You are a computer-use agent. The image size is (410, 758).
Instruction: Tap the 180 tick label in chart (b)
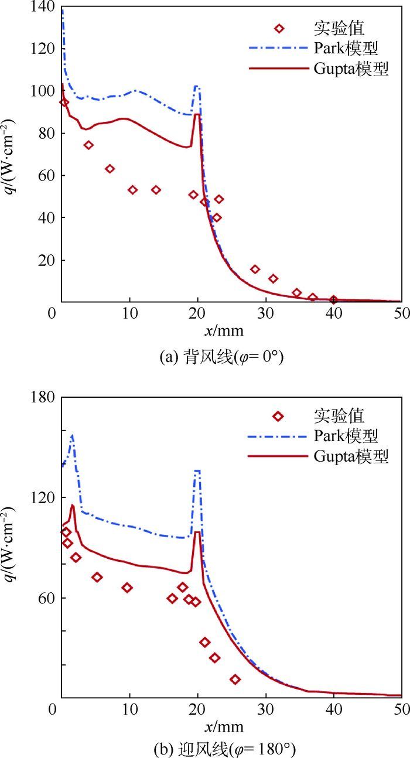(x=44, y=397)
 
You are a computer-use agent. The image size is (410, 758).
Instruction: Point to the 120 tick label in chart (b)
(x=44, y=497)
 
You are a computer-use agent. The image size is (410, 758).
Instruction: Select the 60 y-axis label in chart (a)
(x=47, y=176)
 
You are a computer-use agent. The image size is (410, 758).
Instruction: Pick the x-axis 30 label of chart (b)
(x=266, y=709)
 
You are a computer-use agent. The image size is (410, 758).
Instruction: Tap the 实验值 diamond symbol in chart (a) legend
(x=279, y=28)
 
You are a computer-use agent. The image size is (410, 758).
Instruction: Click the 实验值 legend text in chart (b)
(x=339, y=416)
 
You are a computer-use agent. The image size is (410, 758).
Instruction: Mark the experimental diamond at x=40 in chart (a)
(x=333, y=301)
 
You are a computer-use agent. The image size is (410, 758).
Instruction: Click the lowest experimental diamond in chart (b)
(x=235, y=680)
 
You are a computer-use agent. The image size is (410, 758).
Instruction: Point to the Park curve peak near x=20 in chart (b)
(x=197, y=471)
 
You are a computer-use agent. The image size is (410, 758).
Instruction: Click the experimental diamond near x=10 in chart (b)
(x=127, y=588)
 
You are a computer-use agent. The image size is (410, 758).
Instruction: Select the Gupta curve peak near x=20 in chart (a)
(x=197, y=115)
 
